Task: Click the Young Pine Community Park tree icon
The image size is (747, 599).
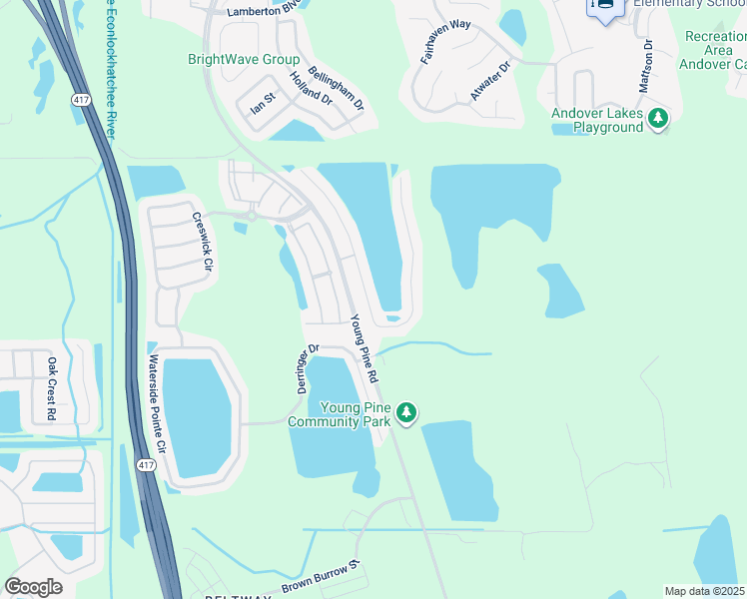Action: point(405,411)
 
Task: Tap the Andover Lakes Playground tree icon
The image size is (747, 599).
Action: point(657,120)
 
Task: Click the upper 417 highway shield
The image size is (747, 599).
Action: point(79,101)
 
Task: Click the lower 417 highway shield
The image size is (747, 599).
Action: point(146,466)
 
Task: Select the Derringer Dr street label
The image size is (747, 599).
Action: point(307,368)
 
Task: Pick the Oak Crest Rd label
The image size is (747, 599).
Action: point(52,388)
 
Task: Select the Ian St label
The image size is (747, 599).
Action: point(263,102)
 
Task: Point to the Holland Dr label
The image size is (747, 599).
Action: point(311,89)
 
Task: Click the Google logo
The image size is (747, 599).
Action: point(33,587)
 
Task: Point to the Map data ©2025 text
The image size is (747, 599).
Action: point(704,591)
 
